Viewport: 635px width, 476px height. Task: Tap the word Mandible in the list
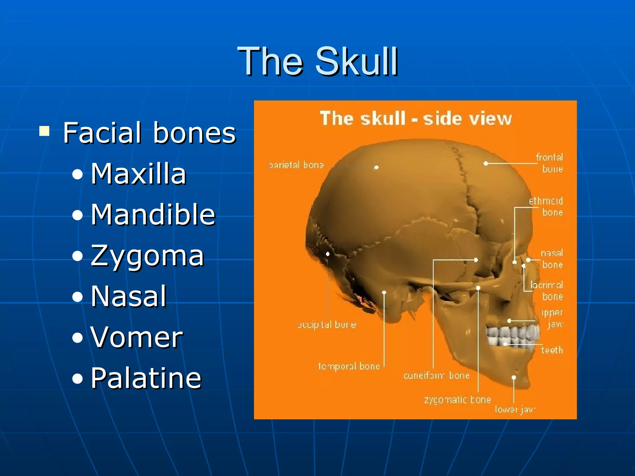(153, 214)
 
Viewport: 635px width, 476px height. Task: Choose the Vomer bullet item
(137, 337)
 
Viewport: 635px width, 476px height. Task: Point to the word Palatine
(146, 378)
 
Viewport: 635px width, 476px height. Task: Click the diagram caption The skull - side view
(415, 118)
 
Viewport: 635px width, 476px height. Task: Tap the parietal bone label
(296, 165)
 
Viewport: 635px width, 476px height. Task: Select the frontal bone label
(550, 163)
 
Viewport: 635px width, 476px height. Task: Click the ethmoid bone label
(546, 206)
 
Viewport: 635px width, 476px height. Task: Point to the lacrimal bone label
(547, 291)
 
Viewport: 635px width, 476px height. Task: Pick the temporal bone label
(349, 366)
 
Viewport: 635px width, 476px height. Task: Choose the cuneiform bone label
(437, 376)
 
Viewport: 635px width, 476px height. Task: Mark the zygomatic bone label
(458, 400)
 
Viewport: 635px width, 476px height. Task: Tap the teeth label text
(552, 350)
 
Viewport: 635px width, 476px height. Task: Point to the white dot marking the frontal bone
(486, 163)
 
